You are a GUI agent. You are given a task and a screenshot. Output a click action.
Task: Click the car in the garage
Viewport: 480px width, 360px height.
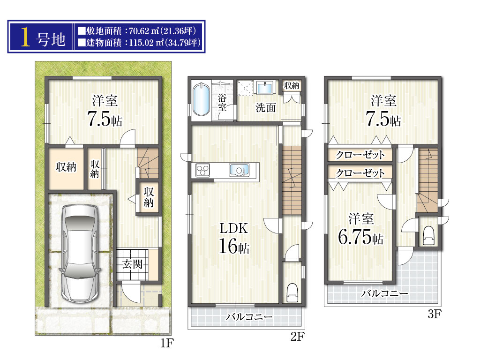pos(80,254)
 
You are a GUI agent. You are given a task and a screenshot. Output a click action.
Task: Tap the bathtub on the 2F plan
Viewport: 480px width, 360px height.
pos(201,99)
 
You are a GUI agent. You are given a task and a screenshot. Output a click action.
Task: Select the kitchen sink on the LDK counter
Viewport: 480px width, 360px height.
pos(239,170)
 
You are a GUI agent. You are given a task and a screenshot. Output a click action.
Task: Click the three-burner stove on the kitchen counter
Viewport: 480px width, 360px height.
pos(202,170)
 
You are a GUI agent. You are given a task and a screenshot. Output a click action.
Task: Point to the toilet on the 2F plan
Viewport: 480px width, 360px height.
pos(292,293)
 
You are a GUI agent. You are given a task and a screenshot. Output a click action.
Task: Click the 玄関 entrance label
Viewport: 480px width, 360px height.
pos(133,263)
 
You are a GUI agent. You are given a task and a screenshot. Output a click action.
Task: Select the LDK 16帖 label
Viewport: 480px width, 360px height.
pos(234,239)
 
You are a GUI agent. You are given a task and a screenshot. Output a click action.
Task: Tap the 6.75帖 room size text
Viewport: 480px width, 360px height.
pos(360,237)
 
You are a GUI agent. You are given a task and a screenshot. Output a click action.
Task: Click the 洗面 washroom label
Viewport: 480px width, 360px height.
pos(266,107)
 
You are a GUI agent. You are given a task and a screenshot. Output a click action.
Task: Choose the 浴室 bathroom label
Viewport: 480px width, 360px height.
pos(222,103)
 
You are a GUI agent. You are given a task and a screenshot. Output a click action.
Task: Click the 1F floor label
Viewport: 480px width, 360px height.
pos(167,343)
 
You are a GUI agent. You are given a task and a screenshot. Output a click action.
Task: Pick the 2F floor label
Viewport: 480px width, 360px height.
pos(297,337)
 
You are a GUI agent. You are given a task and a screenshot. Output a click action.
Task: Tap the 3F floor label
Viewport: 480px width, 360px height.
pos(435,314)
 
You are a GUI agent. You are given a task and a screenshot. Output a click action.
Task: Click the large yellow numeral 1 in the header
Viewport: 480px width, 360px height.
pos(26,37)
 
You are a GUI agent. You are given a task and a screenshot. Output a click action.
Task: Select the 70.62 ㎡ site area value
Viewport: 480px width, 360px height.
pos(143,31)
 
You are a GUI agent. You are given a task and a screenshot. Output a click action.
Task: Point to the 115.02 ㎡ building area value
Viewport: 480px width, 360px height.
pos(146,42)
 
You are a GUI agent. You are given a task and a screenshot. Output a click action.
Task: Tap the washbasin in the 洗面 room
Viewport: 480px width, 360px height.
pos(264,88)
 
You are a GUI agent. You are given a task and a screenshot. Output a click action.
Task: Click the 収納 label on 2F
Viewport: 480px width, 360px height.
pos(292,85)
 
